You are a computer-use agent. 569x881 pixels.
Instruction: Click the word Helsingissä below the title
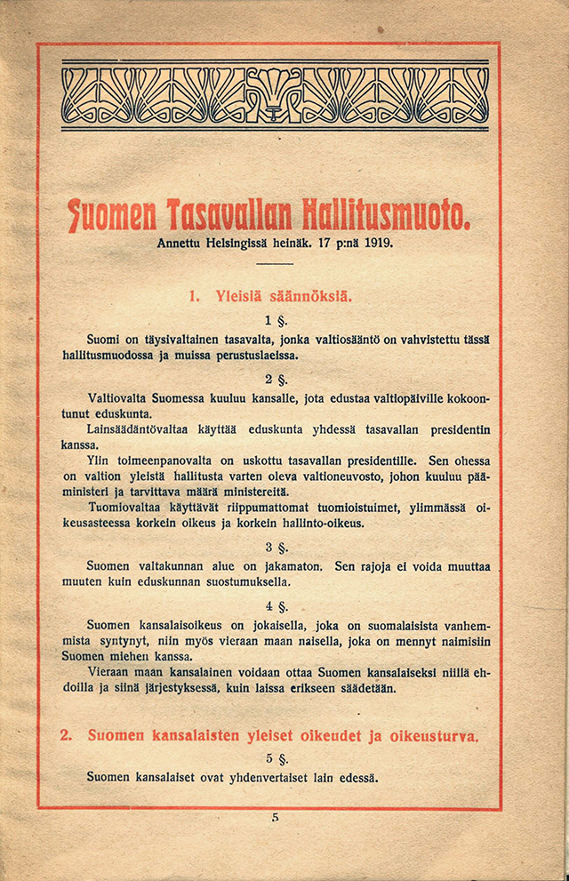click(x=245, y=242)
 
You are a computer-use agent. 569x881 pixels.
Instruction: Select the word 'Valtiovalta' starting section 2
click(x=117, y=397)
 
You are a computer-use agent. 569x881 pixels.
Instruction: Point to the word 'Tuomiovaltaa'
click(x=125, y=508)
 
